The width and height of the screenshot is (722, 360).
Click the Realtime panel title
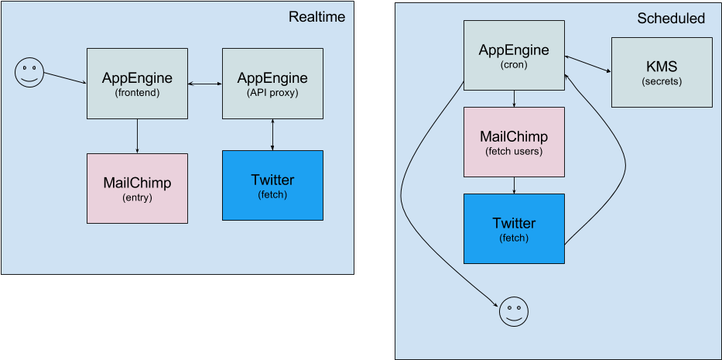point(317,17)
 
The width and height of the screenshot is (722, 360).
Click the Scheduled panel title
point(671,19)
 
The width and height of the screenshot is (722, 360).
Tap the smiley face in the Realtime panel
point(29,73)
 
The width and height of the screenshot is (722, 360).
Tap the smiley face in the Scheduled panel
point(513,312)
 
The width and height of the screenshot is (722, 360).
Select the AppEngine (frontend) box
point(137,84)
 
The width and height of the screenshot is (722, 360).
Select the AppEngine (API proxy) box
point(272,84)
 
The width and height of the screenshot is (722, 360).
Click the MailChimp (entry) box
point(137,188)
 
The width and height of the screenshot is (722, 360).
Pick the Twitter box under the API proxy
point(272,186)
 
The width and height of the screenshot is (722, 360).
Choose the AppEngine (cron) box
point(514,56)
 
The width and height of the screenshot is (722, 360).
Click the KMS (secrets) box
point(662,72)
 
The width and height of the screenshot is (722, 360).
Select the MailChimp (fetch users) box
point(514,142)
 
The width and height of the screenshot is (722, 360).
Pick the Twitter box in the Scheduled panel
point(514,228)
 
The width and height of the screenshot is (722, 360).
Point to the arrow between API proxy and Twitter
point(272,135)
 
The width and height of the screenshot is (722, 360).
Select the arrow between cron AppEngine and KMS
point(588,65)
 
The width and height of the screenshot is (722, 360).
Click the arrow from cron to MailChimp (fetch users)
point(514,99)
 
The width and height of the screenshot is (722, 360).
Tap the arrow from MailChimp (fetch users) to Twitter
point(514,185)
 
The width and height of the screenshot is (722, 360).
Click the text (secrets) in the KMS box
point(662,81)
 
